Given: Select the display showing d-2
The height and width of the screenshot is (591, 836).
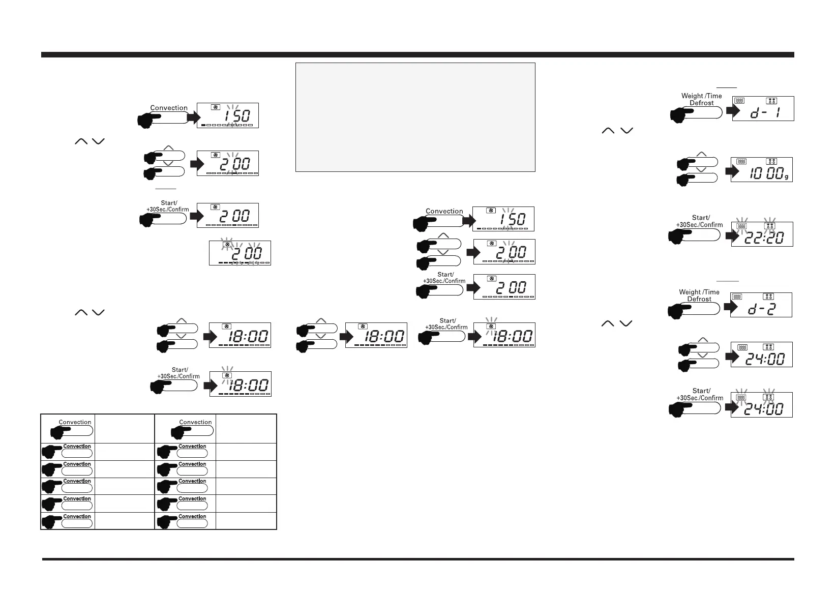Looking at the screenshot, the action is tap(761, 305).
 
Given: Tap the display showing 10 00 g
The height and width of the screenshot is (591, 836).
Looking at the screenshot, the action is tap(762, 170).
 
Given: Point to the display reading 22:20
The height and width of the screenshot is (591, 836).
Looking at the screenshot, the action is tap(762, 234).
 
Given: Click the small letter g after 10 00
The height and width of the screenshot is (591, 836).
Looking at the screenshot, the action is tap(786, 176).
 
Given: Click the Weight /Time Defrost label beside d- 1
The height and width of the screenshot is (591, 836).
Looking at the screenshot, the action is tap(701, 99).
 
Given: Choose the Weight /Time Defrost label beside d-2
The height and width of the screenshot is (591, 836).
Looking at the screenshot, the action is tap(699, 295).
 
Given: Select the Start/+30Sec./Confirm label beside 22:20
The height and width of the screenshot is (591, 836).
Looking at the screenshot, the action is tap(700, 221).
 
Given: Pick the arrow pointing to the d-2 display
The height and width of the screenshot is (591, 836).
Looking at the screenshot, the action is tap(730, 307).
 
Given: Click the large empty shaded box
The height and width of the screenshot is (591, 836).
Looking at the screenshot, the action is tap(415, 117).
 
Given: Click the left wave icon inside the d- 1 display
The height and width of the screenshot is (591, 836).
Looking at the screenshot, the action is tap(741, 101).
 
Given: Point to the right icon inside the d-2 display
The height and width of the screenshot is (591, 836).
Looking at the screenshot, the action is tap(768, 297).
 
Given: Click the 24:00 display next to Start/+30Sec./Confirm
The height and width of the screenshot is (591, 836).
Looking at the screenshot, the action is tap(762, 405).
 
